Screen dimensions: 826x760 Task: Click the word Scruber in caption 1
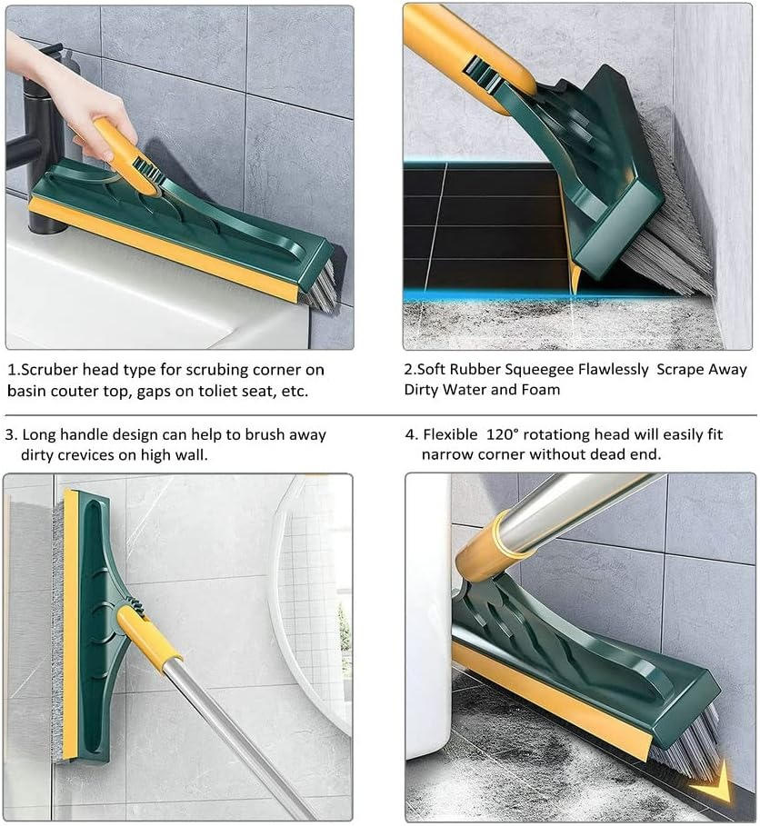point(49,371)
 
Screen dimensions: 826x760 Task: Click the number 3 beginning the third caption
point(10,435)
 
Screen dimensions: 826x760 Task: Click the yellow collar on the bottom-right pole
point(485,549)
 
